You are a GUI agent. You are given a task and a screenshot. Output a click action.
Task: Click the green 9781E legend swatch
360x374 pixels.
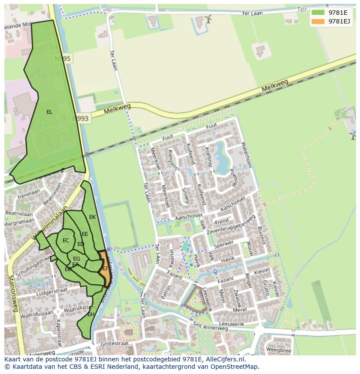(318, 12)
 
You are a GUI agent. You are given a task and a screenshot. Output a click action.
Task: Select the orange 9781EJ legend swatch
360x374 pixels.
(318, 21)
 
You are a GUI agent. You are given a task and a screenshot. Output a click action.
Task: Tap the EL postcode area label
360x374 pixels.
(50, 112)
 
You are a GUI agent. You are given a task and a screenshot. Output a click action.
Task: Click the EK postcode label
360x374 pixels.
(92, 217)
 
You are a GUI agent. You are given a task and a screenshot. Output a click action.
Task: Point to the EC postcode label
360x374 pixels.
(66, 241)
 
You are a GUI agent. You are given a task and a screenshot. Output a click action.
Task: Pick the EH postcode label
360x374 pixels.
(91, 314)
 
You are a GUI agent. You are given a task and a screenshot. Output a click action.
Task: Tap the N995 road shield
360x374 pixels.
(63, 59)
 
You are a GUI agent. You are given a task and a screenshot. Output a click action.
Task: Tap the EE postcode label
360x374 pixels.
(85, 234)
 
